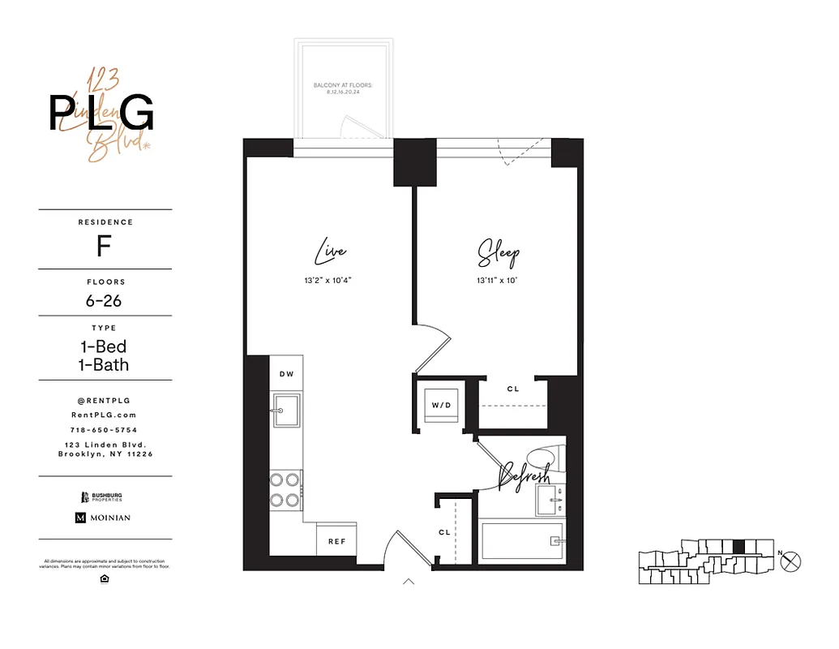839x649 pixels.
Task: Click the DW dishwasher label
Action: tap(286, 374)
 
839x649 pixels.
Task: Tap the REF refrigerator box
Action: tap(336, 540)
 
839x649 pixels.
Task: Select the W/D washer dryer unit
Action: tap(439, 403)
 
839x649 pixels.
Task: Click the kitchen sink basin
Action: tap(286, 412)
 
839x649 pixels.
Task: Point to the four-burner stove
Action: tap(286, 489)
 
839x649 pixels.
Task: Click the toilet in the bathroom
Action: tap(539, 461)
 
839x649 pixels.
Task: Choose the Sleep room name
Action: tap(498, 253)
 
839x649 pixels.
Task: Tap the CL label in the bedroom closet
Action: tap(513, 389)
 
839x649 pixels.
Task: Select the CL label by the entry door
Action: tap(444, 532)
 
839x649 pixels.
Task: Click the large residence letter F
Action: tap(104, 246)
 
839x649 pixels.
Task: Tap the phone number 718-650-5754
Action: tap(104, 430)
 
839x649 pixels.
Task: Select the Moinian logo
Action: tap(103, 518)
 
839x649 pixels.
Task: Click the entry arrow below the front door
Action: tap(409, 582)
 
